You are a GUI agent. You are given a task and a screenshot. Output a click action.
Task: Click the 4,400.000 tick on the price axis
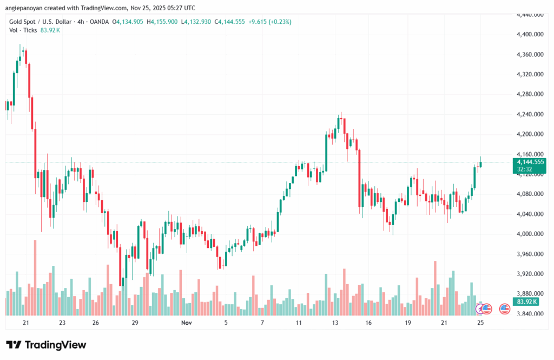(x=530, y=35)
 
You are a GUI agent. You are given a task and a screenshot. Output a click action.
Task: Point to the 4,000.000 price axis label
(x=530, y=234)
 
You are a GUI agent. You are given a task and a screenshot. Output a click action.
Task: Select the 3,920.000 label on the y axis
(x=530, y=274)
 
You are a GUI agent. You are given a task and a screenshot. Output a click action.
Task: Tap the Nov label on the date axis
(x=187, y=323)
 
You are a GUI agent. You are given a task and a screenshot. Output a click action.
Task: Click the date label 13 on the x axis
(x=335, y=323)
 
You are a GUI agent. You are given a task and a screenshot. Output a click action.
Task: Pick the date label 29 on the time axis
(x=135, y=323)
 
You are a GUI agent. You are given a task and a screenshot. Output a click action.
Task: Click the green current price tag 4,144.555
(x=530, y=162)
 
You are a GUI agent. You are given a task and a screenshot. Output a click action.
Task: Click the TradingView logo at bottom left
(x=46, y=345)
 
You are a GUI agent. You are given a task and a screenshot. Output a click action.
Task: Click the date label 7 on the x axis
(x=262, y=323)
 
